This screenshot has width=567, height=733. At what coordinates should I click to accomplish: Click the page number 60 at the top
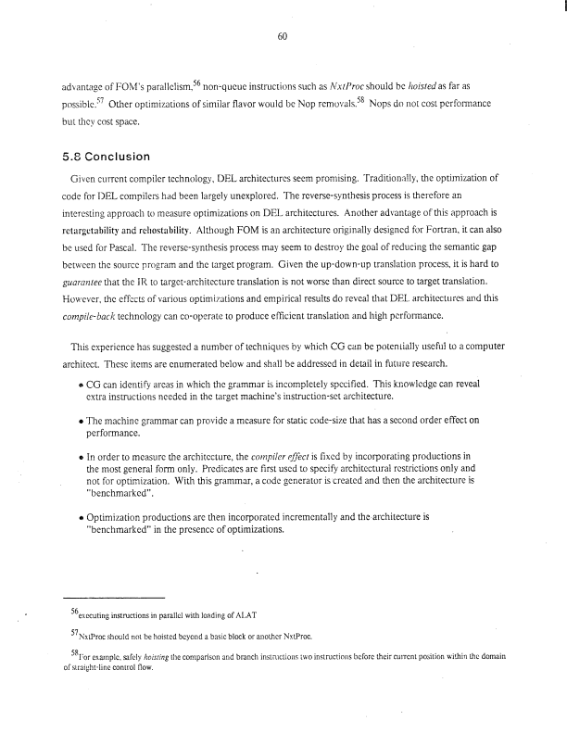point(283,36)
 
